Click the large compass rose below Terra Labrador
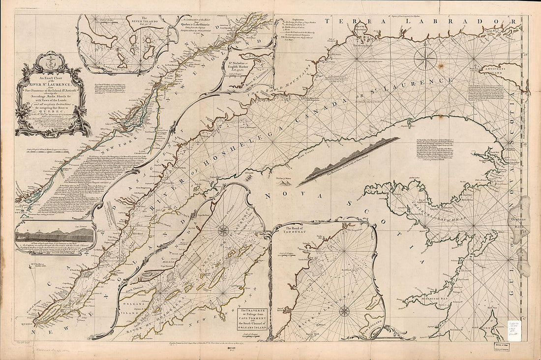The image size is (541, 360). tap(425, 59)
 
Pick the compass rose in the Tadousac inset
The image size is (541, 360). tap(344, 311)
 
